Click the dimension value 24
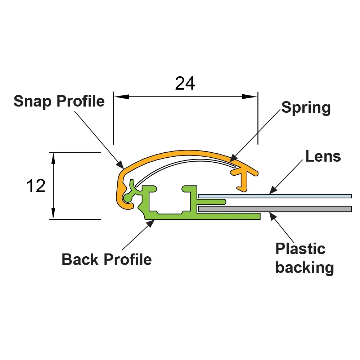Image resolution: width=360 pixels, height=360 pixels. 185,84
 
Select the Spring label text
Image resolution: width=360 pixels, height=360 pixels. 306,108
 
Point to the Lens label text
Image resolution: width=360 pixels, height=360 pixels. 323,156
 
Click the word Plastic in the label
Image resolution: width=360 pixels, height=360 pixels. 300,249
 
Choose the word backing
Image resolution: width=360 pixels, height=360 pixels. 305,268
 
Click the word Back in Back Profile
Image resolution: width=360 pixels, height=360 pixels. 81,259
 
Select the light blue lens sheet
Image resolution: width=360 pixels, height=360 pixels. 288,196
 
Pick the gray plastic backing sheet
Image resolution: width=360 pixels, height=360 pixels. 288,209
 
